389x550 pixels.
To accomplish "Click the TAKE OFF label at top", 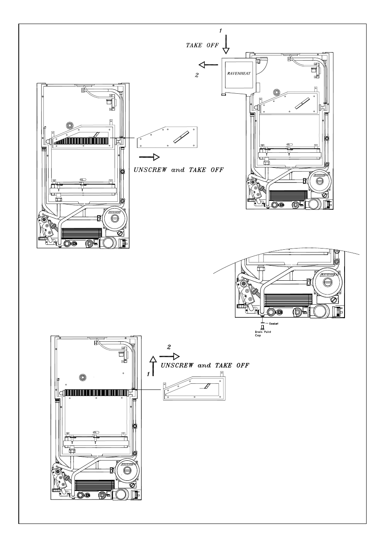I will [202, 45].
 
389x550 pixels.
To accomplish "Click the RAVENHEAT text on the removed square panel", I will [239, 74].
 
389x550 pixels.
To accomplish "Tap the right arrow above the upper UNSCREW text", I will [149, 157].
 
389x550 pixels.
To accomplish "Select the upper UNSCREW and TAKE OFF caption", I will [179, 169].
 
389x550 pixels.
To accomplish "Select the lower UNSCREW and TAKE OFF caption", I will [205, 365].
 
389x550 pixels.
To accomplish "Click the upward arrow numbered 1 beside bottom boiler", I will [153, 365].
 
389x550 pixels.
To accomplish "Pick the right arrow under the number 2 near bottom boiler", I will [170, 356].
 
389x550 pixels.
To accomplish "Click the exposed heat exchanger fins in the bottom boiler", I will [98, 393].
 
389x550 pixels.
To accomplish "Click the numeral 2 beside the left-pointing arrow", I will [197, 75].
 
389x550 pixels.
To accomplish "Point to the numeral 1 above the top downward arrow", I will [221, 31].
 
